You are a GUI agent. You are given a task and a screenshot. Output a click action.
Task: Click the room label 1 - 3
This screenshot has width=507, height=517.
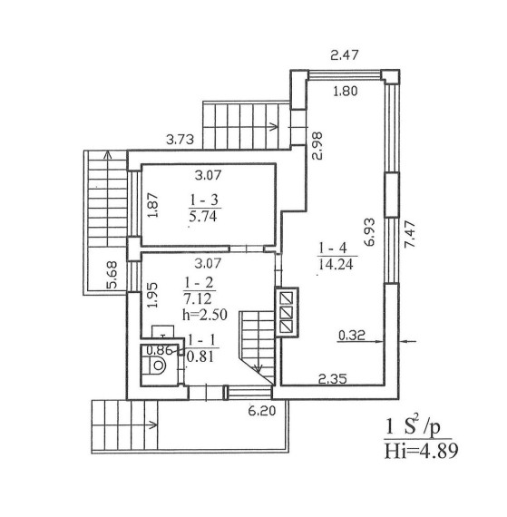click(204, 200)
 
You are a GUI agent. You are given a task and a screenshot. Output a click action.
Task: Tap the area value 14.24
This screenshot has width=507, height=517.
click(336, 264)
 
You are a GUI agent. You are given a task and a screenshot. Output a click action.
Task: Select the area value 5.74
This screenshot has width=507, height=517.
click(203, 216)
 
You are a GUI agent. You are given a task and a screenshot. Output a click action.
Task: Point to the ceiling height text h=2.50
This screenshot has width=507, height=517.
click(205, 315)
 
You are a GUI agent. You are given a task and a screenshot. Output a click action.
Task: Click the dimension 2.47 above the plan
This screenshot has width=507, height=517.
click(344, 54)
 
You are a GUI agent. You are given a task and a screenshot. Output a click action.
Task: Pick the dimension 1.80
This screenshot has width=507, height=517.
click(346, 91)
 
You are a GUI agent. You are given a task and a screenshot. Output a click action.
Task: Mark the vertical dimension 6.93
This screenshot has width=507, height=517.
click(370, 232)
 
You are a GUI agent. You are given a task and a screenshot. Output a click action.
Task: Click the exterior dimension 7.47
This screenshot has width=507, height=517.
click(411, 234)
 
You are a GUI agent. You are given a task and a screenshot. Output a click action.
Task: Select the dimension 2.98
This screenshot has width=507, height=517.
click(317, 146)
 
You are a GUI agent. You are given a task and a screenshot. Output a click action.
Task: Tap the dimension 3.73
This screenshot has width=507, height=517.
click(180, 140)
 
